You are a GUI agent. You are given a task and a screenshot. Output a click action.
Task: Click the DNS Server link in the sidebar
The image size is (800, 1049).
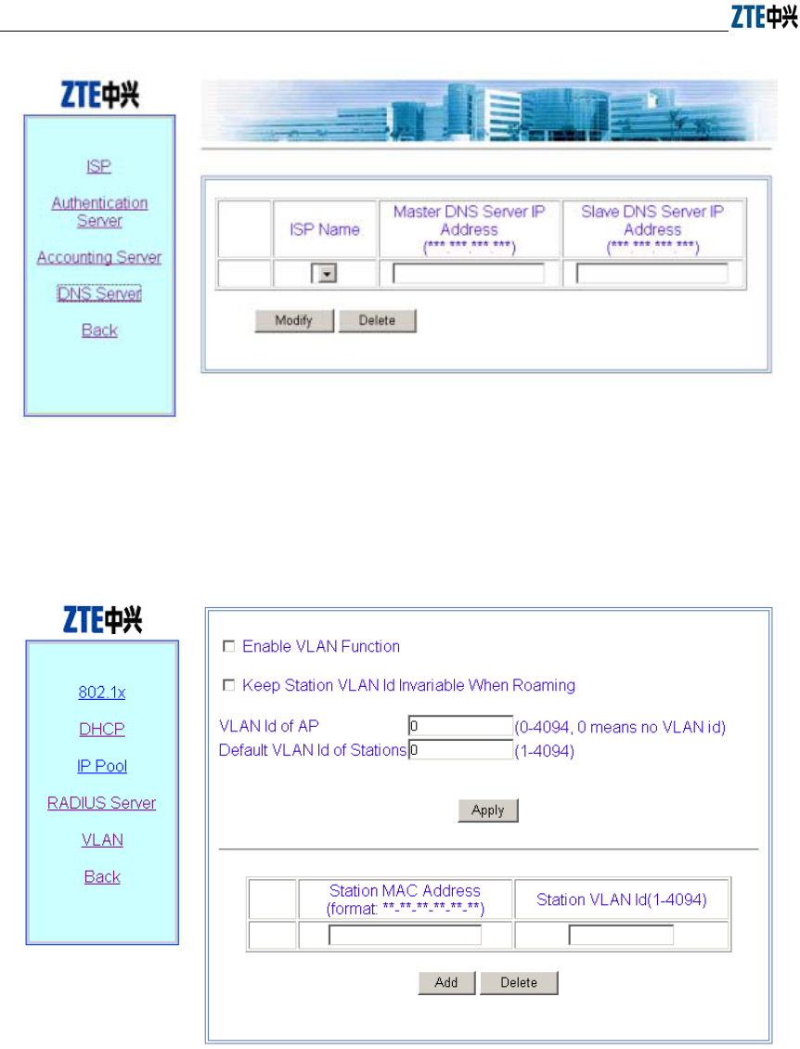[98, 293]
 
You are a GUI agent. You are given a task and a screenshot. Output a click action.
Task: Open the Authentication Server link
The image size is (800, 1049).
[99, 212]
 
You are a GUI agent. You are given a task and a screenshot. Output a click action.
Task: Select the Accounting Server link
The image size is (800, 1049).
[99, 257]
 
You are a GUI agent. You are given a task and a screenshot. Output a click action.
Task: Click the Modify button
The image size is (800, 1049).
[293, 320]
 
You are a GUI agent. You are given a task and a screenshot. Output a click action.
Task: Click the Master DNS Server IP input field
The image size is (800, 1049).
[469, 274]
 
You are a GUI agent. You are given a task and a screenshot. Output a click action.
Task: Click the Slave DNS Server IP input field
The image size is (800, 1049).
[652, 274]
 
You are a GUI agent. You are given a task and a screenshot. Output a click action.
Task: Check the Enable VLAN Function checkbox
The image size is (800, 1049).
[228, 646]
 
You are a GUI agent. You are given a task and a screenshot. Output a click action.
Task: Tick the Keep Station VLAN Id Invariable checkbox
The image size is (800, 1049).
[228, 685]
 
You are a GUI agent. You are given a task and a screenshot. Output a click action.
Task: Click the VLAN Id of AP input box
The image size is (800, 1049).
[460, 726]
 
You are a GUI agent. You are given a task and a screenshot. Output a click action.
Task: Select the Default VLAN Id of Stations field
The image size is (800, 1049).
[460, 750]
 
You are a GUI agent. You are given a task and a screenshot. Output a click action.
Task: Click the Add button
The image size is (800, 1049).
[446, 982]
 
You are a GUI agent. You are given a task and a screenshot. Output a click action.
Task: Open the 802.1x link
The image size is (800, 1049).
[102, 693]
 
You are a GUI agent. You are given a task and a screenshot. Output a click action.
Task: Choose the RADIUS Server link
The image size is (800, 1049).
[102, 803]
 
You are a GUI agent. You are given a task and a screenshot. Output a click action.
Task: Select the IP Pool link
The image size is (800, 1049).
[102, 766]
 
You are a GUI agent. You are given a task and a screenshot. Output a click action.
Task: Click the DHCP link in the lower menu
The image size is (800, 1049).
[102, 730]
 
